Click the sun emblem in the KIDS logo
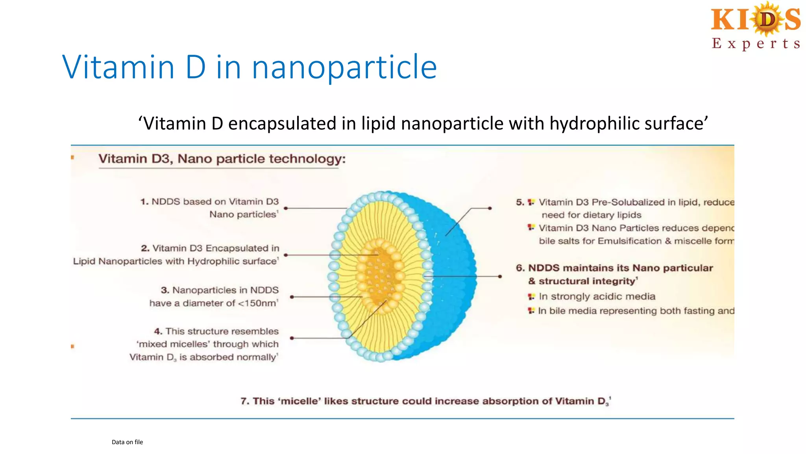(767, 19)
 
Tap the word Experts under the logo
(756, 43)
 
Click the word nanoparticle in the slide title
(344, 67)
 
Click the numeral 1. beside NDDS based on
(144, 202)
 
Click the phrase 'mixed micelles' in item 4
(173, 344)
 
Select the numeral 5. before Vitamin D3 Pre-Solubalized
(520, 202)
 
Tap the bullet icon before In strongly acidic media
(531, 296)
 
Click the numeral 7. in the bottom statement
(245, 401)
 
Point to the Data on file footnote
(127, 442)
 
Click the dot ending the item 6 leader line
(500, 276)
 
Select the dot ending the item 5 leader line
(490, 208)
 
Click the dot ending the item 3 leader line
(292, 297)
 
